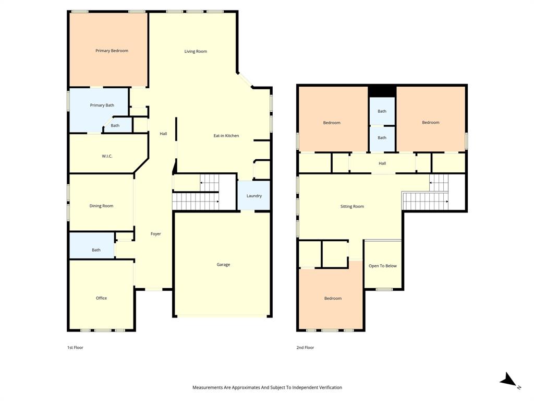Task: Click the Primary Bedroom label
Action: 112,51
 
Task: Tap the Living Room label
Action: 196,51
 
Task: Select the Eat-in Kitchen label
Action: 226,136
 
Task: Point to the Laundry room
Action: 254,196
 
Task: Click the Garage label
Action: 223,265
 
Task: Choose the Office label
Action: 101,298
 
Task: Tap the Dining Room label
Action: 101,206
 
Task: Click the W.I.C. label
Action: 107,156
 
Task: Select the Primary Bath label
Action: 102,105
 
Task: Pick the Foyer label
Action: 155,234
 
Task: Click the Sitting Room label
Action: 352,207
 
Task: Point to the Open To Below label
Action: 383,266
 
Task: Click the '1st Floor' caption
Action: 75,347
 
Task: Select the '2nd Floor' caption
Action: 306,347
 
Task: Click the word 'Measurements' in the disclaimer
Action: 208,387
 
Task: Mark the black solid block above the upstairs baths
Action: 382,91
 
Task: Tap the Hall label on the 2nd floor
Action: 382,163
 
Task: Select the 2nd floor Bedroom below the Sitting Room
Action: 333,298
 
